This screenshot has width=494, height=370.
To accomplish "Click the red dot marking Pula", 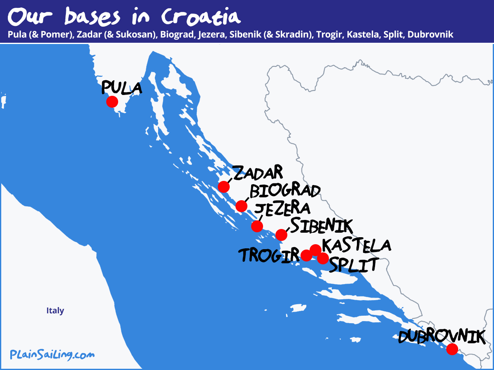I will point(112,102).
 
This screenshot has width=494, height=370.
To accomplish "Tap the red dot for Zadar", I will point(224,187).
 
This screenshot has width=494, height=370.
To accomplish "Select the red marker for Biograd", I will point(241,206).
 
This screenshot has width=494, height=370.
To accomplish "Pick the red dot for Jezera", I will point(257,226).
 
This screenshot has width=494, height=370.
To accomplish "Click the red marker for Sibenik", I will point(281,235).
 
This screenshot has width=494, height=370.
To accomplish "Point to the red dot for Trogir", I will point(306,255).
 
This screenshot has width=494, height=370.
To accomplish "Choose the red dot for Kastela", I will point(315,250).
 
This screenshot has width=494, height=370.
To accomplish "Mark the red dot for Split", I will point(323,258).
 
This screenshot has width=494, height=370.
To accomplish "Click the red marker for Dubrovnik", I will point(452,349).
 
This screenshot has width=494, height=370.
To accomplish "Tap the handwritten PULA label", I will point(121,88).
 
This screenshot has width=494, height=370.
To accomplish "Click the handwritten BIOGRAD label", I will point(285,191).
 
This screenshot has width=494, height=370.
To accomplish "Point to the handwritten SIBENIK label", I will point(322,226).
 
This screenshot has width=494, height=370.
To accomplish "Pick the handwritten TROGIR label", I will point(270,255).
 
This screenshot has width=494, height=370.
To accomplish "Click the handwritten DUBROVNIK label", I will point(441,336).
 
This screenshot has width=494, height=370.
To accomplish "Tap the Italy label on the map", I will point(55,310).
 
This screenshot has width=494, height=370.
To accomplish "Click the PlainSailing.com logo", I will point(52,354).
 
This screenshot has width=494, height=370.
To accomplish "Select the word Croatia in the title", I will point(200,16).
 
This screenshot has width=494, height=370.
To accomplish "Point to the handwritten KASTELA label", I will point(357,245).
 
